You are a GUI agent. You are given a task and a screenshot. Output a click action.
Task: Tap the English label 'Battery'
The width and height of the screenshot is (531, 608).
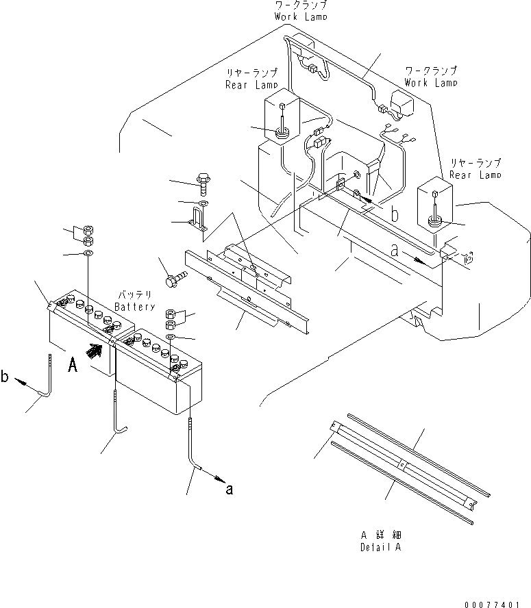136,307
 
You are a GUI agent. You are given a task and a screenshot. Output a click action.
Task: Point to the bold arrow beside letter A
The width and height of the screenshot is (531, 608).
95,352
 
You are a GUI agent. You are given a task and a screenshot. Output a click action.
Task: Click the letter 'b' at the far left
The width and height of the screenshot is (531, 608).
6,376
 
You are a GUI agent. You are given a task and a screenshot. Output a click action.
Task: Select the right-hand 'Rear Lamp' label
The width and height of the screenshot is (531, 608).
476,175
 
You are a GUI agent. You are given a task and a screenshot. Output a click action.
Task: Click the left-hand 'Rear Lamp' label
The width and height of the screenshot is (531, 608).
251,85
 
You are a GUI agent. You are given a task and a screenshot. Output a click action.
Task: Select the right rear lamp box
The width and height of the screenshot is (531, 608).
434,202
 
